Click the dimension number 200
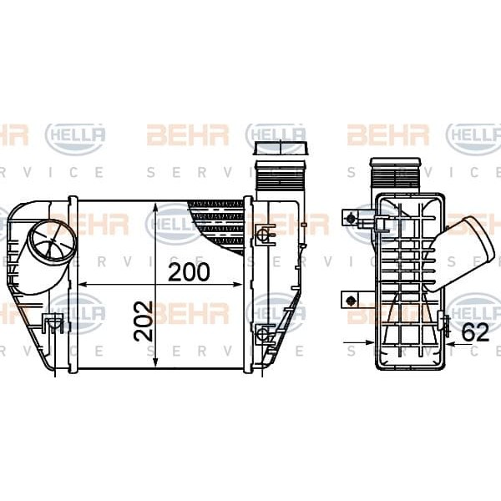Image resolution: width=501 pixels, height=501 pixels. coord(189,272)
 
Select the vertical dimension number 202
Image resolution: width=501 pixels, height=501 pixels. coord(144,320)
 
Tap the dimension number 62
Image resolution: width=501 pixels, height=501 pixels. coord(475,332)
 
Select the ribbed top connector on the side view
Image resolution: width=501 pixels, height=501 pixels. coord(396,176)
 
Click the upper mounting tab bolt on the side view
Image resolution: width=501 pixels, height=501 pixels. coord(351,220)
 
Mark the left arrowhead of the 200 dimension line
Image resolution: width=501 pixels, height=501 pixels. coord(83,286)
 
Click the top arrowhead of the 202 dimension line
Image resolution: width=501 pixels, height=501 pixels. coord(157,205)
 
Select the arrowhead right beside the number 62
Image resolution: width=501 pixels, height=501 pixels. coord(450,342)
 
